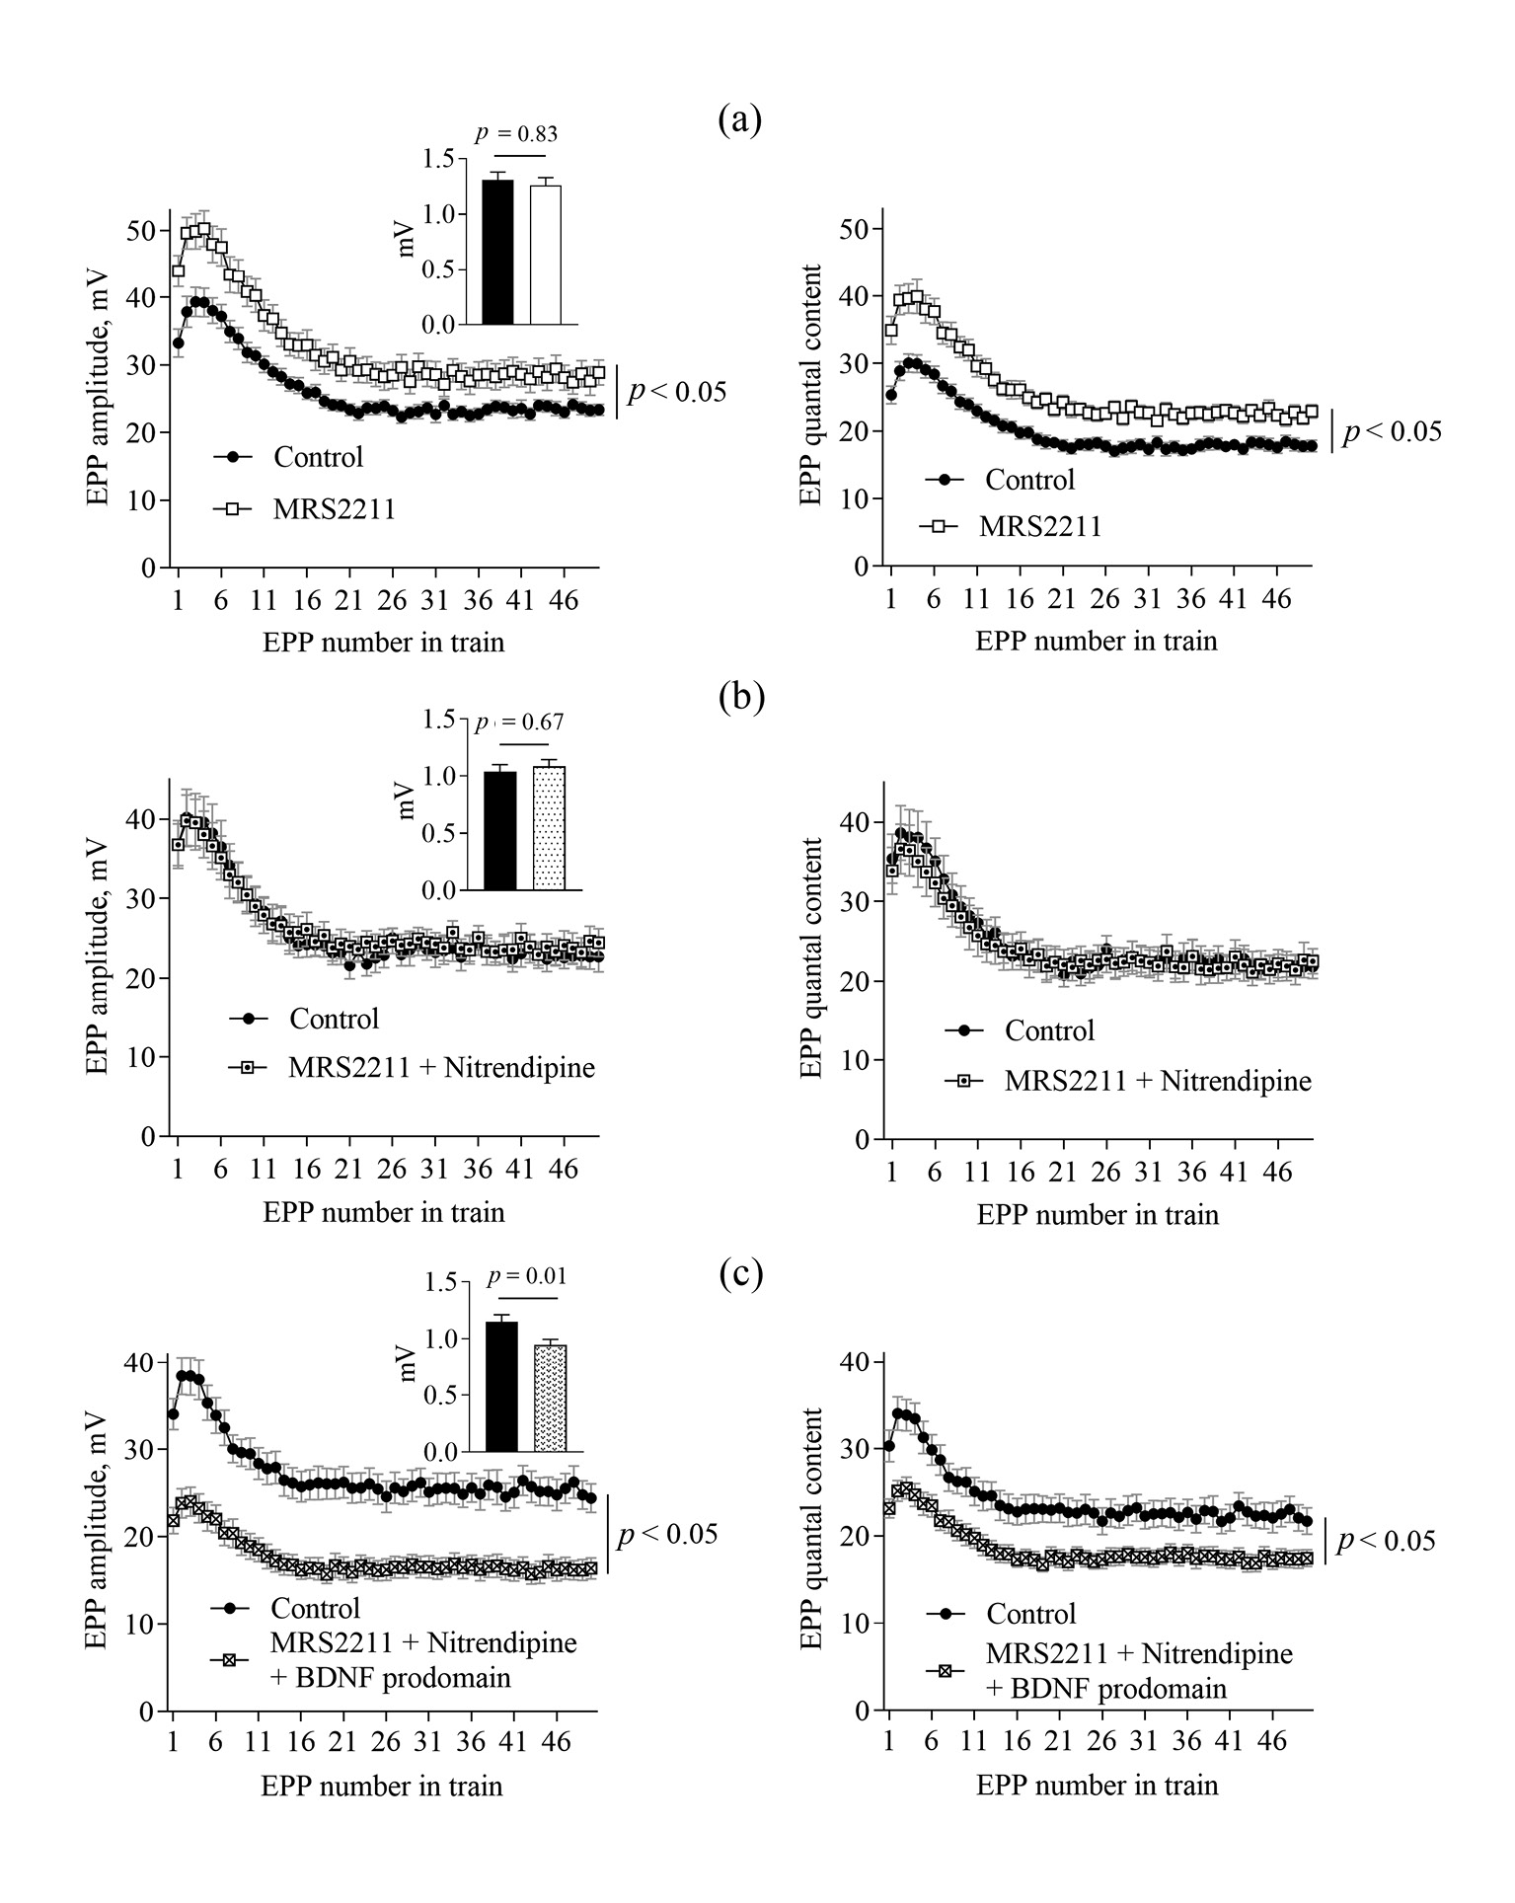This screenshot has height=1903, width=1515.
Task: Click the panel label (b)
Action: coord(740,697)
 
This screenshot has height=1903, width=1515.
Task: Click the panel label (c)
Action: coord(740,1273)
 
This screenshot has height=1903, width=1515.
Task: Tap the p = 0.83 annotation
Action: coord(516,134)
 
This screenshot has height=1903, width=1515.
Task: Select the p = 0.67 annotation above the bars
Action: coord(520,723)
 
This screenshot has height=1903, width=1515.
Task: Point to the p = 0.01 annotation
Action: coord(528,1277)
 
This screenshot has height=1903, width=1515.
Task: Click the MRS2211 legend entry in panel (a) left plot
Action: coord(335,509)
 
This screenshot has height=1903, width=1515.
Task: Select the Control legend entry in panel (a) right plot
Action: coord(1030,480)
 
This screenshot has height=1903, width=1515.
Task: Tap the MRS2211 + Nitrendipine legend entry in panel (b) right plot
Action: coord(1158,1081)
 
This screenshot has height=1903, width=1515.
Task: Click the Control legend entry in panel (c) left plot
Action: coord(316,1608)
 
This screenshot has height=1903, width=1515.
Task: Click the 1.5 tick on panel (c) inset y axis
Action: coord(435,1282)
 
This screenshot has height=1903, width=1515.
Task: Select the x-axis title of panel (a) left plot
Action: coord(383,643)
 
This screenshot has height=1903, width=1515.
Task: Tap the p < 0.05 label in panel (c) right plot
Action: coord(1386,1541)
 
